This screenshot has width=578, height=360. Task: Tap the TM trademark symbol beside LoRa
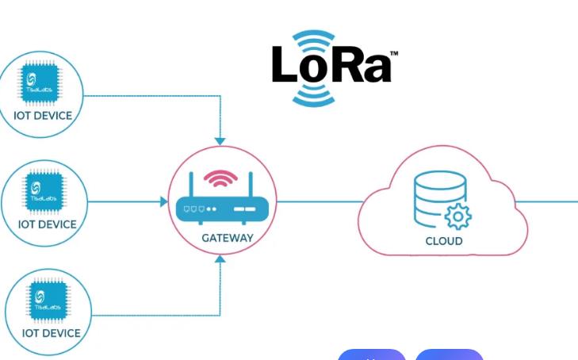point(394,54)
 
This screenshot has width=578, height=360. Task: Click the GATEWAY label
point(228,238)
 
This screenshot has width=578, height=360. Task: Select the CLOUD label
point(444,240)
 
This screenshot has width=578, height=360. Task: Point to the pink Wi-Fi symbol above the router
point(220,179)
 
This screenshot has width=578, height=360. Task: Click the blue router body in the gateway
point(222,209)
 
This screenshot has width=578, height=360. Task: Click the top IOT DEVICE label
point(43,116)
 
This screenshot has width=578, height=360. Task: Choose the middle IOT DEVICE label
point(48,224)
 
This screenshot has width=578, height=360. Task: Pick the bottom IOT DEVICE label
point(51,334)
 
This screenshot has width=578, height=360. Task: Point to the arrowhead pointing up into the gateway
point(221,259)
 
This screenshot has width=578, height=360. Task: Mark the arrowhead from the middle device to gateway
point(164,201)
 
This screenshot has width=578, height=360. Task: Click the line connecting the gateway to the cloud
point(317,201)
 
